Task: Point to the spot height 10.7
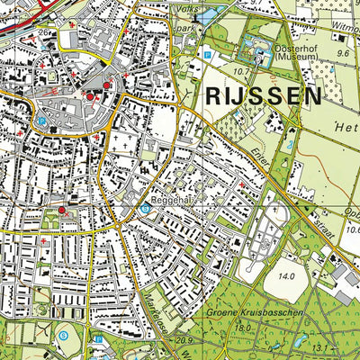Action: point(239,70)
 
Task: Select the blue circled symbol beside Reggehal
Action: point(145,208)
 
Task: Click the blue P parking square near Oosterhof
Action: point(210,54)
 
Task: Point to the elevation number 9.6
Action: point(342,53)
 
